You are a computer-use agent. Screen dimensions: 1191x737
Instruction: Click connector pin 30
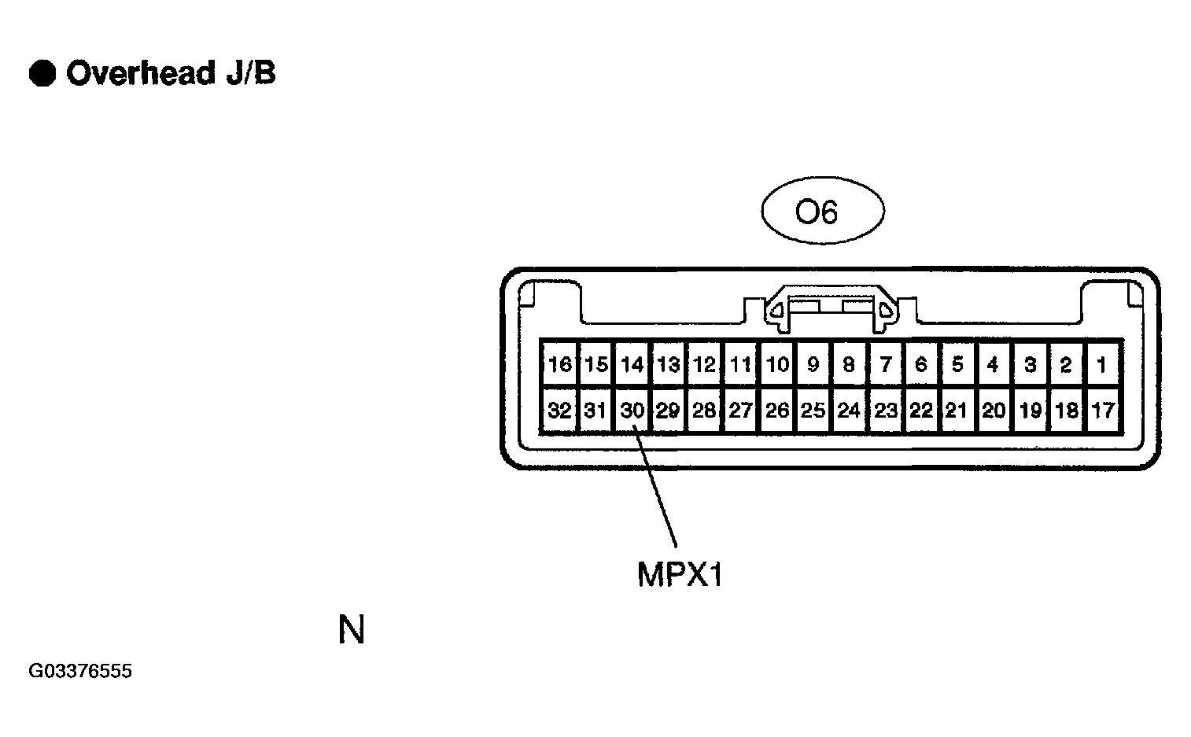click(632, 410)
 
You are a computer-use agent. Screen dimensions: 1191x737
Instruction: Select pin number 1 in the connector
click(1102, 364)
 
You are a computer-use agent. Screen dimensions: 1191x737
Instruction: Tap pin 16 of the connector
click(559, 364)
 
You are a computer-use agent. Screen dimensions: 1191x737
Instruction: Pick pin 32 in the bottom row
click(559, 410)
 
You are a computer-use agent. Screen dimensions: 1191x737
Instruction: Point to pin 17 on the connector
click(1102, 410)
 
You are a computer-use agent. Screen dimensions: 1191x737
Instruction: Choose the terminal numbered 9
click(813, 364)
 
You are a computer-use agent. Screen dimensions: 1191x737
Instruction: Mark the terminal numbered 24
click(849, 410)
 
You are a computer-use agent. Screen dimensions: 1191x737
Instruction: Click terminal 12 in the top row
click(705, 364)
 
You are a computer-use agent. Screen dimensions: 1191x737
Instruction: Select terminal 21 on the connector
click(957, 410)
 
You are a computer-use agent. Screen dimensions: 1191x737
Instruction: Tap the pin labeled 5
click(957, 364)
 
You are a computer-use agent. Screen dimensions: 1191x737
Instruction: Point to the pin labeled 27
click(740, 410)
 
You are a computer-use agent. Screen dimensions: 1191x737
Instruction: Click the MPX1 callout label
click(680, 575)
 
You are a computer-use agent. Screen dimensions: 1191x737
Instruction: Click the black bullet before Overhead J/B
click(42, 73)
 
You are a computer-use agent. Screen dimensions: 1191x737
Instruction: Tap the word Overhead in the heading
click(141, 73)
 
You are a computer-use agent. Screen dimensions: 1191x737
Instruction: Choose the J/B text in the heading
click(251, 73)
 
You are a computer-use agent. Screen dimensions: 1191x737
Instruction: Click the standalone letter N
click(352, 629)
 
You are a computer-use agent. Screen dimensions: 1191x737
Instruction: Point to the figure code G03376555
click(80, 671)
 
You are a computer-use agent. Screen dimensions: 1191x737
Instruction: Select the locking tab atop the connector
click(830, 308)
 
